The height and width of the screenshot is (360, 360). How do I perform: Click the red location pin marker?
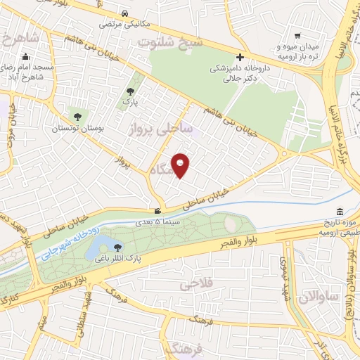tap(181, 165)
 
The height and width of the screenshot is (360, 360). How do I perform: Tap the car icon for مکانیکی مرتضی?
tap(124, 14)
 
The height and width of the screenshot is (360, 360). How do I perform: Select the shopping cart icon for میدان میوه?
tap(298, 36)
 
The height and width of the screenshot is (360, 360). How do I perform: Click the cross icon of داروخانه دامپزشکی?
tap(240, 57)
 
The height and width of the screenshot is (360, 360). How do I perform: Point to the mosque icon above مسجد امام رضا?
tap(26, 57)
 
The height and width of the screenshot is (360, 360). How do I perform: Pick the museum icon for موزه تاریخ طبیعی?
tap(340, 212)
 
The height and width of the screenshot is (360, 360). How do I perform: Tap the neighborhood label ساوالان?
tap(319, 297)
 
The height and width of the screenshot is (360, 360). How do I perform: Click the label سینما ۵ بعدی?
tap(161, 221)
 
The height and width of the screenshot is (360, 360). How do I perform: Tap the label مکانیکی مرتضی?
tap(124, 25)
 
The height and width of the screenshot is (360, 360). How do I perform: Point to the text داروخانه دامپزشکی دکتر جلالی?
tap(240, 75)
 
